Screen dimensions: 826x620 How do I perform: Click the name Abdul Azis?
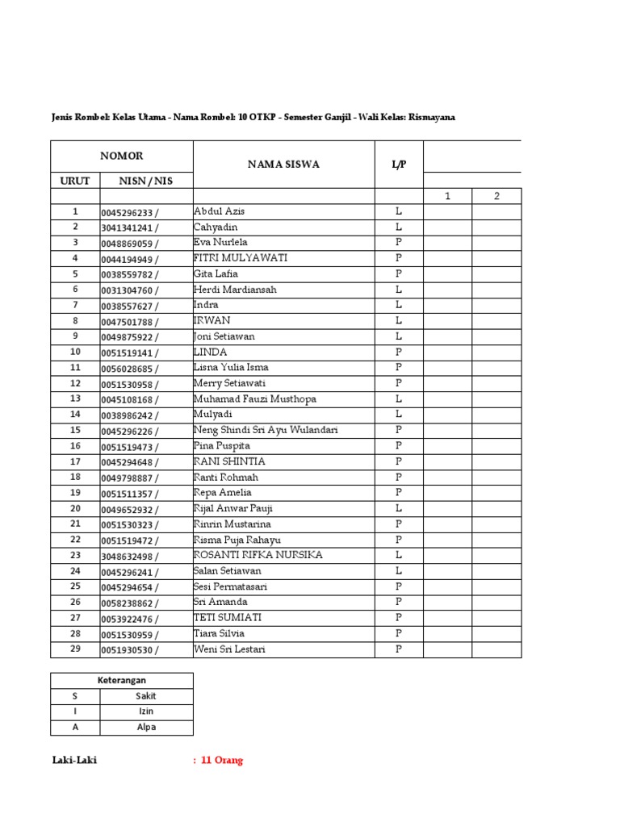click(x=219, y=211)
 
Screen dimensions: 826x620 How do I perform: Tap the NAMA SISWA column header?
click(x=283, y=165)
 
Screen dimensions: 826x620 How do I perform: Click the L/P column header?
click(x=399, y=165)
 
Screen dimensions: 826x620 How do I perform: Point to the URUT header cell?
click(x=75, y=181)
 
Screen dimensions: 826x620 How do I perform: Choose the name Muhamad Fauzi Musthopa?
click(x=255, y=399)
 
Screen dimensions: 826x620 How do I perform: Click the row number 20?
click(x=75, y=509)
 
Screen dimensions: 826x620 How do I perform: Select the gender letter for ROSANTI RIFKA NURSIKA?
click(x=399, y=556)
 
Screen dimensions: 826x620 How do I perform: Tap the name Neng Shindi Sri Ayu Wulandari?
click(x=266, y=431)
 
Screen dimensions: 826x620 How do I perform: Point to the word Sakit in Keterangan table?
click(x=146, y=696)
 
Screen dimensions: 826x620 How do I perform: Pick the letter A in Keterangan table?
click(x=75, y=728)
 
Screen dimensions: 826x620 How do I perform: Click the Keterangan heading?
click(x=122, y=681)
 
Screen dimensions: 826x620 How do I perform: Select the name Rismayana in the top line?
click(x=432, y=117)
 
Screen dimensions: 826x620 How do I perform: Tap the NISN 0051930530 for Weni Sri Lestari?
click(x=130, y=650)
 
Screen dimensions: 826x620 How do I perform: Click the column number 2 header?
click(x=496, y=196)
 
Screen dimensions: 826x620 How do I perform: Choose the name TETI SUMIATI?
click(x=228, y=618)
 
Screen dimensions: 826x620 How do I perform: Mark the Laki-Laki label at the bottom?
click(x=74, y=761)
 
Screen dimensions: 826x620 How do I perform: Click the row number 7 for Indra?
click(x=75, y=306)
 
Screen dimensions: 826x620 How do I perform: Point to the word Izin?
click(x=146, y=711)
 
